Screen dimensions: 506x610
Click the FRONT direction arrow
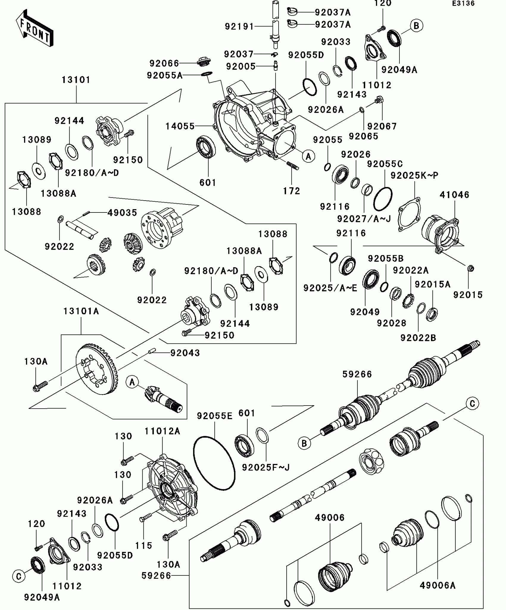35,28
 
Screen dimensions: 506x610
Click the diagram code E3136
463,4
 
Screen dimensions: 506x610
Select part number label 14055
180,126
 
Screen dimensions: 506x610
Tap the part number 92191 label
239,26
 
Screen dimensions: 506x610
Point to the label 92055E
215,416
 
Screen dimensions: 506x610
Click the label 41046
455,195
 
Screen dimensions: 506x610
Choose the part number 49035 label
122,212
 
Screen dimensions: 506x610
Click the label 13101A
81,311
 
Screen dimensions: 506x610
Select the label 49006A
438,585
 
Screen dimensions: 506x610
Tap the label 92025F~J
266,467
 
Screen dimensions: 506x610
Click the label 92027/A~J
364,219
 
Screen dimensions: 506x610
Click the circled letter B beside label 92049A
416,26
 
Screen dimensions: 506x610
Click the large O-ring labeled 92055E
214,463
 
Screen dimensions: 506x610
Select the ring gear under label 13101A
97,369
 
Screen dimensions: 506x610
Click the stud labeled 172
293,165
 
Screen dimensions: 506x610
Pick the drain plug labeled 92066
204,61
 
